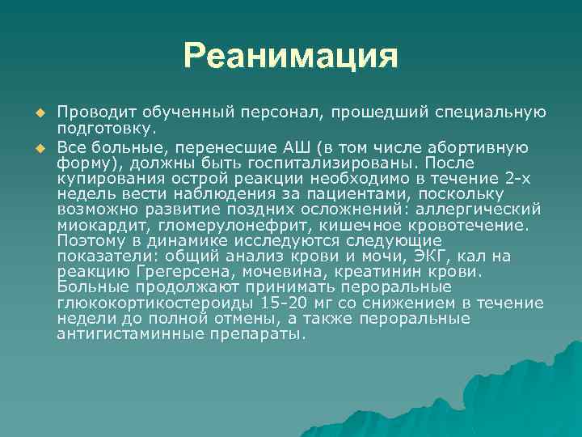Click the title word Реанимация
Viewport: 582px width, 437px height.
pos(290,57)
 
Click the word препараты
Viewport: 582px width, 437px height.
pos(251,333)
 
